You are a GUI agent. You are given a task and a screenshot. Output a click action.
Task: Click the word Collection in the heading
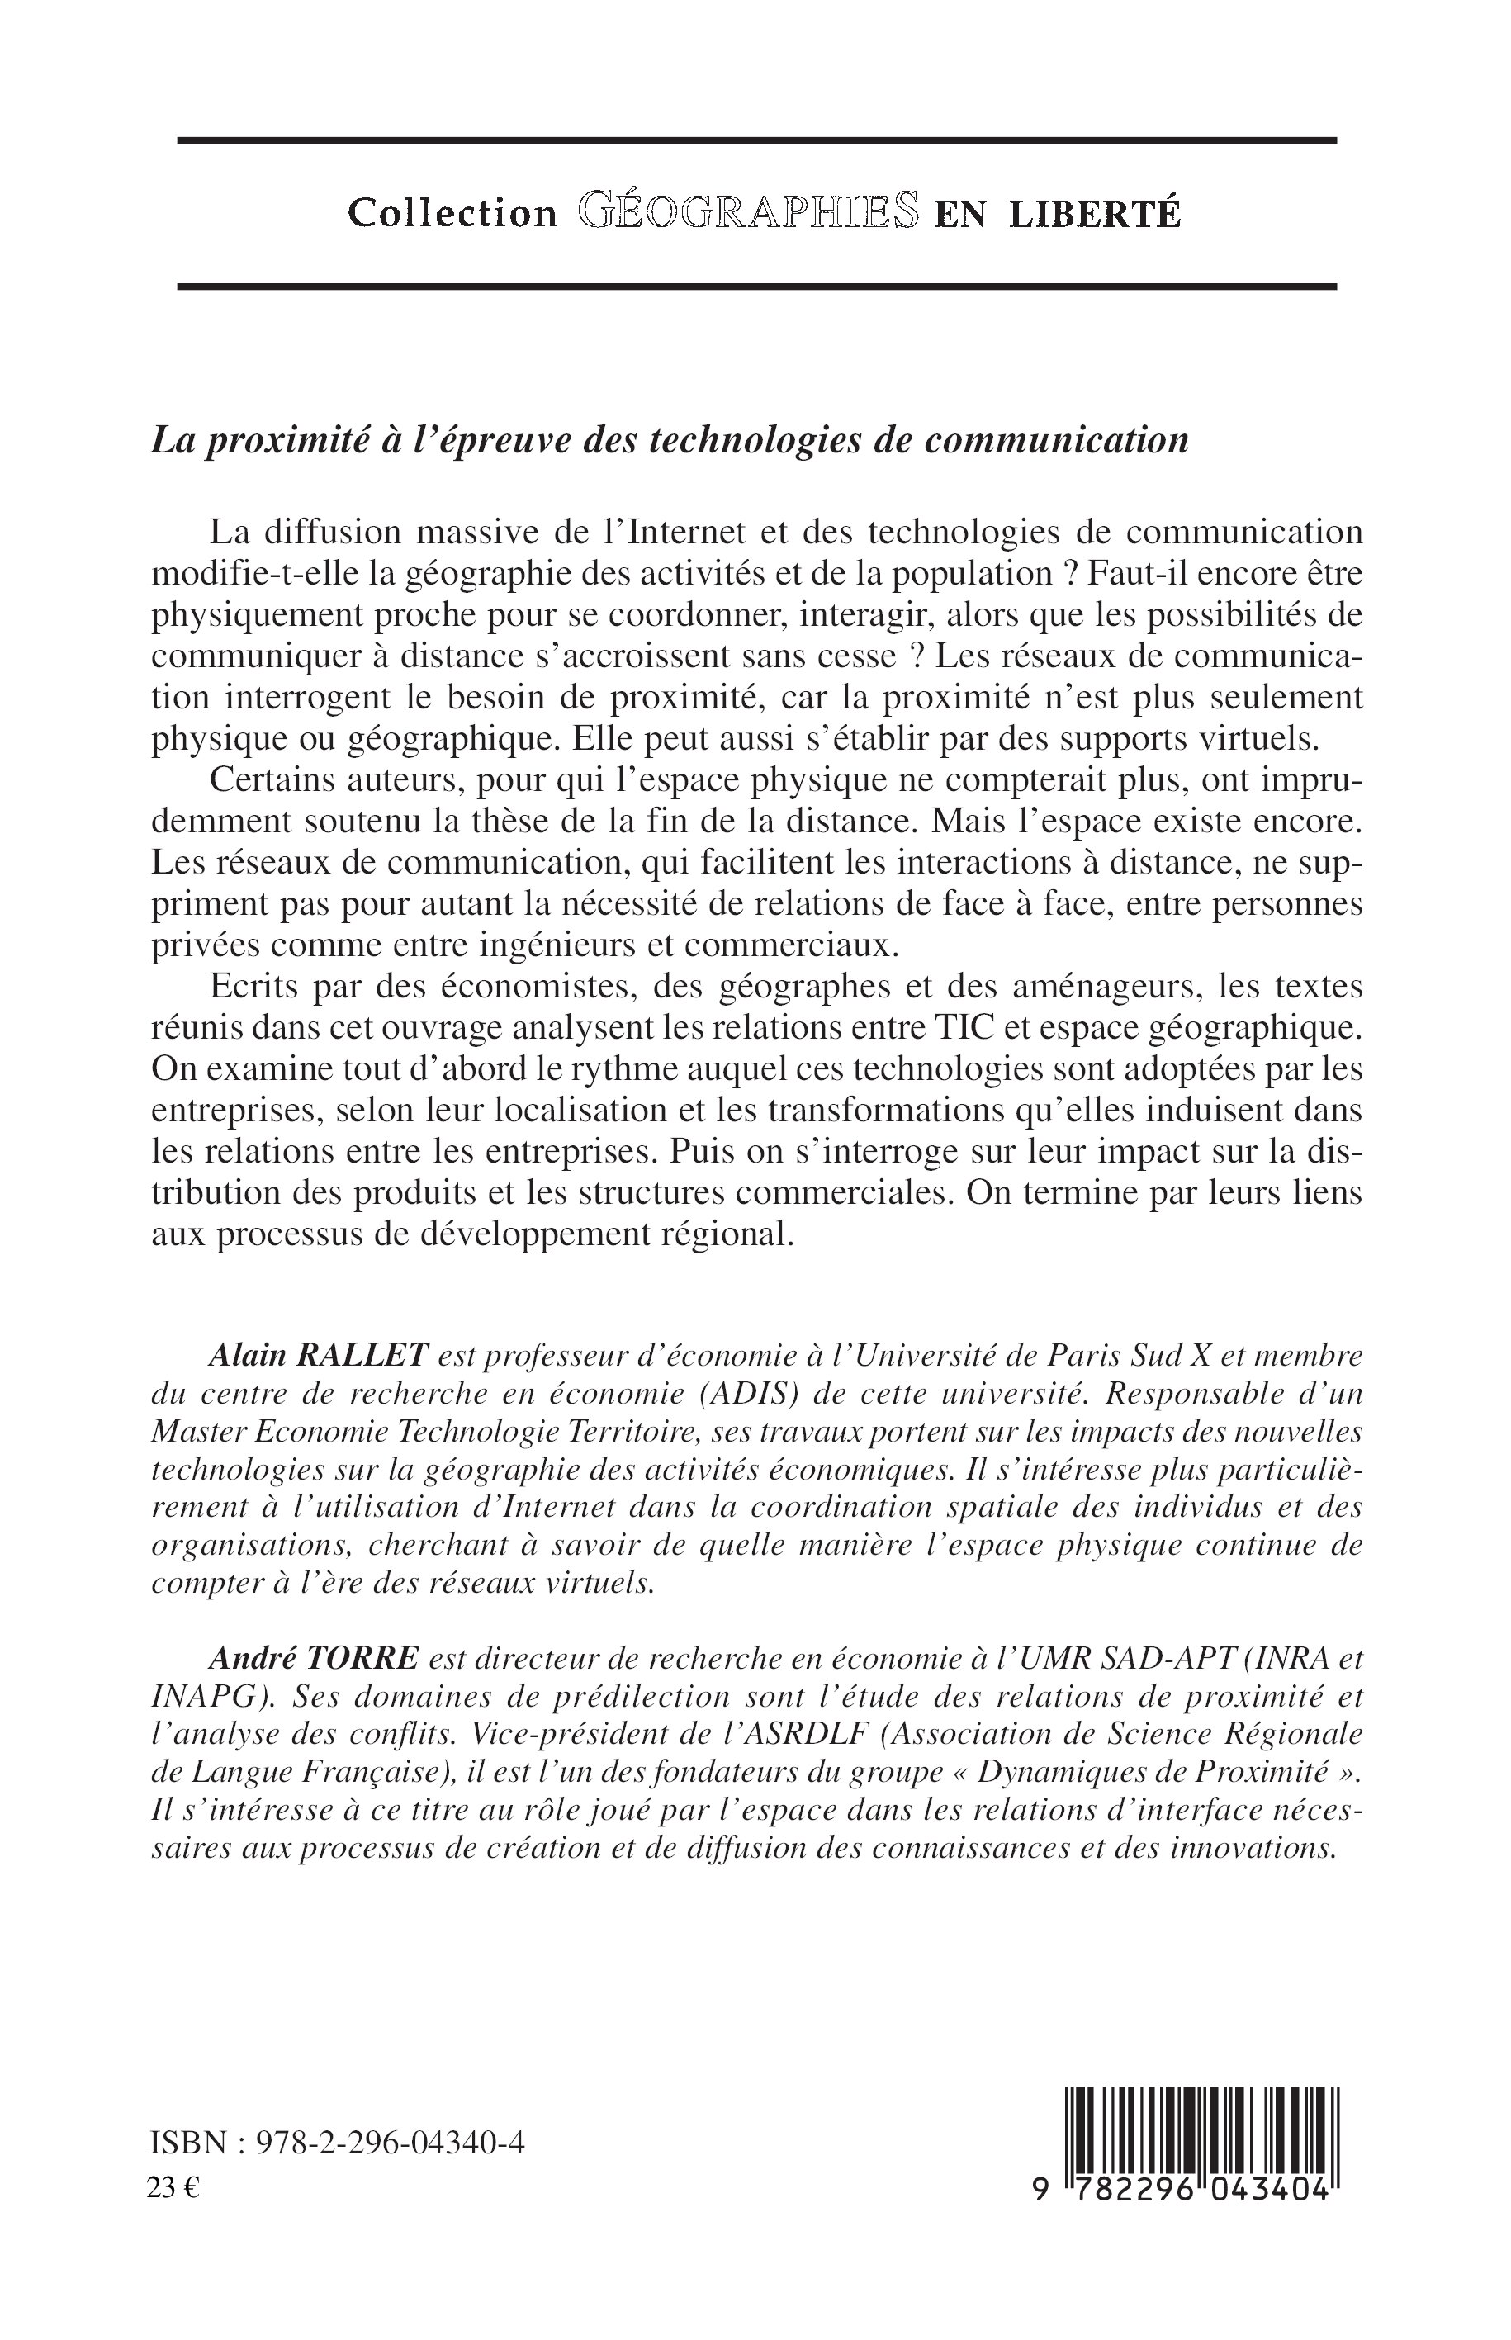click(x=452, y=213)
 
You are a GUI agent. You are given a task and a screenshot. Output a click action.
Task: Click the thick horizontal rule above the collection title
click(x=755, y=140)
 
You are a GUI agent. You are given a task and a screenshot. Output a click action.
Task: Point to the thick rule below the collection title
click(x=755, y=287)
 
